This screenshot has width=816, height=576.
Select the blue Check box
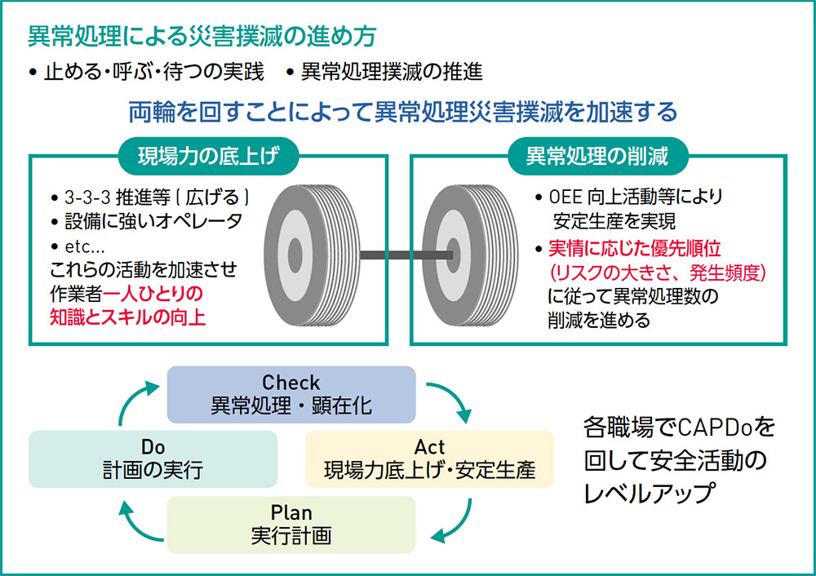pyautogui.click(x=291, y=393)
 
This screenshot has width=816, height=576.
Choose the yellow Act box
pyautogui.click(x=429, y=459)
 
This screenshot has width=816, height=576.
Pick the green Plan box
pyautogui.click(x=291, y=525)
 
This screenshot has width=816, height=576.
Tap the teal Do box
pyautogui.click(x=153, y=459)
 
